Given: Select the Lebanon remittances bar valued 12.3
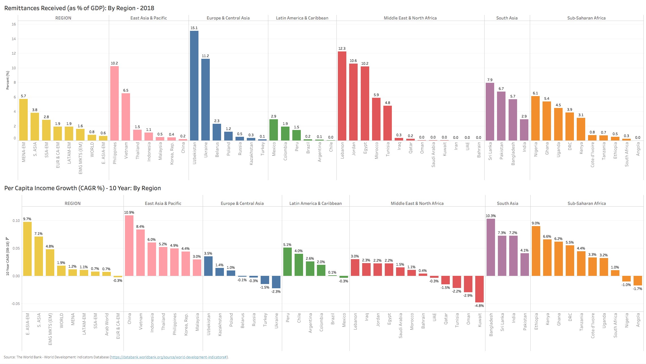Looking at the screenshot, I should tap(342, 96).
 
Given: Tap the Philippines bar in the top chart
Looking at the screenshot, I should tap(114, 103).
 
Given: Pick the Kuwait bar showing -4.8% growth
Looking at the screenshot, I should tap(479, 289).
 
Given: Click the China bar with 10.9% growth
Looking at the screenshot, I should tap(129, 246).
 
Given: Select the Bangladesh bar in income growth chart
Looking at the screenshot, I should tap(491, 247).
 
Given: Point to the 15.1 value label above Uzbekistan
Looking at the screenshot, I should tap(194, 28).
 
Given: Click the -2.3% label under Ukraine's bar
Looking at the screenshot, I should tap(276, 292).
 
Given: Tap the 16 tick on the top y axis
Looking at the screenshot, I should tap(14, 24).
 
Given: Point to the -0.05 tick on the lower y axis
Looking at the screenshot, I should tap(16, 304).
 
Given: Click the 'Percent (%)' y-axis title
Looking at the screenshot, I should tap(8, 80).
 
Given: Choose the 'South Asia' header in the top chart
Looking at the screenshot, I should tap(507, 18).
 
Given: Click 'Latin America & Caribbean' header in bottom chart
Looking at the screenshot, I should tap(316, 203).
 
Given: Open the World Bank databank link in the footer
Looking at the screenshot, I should tap(169, 357).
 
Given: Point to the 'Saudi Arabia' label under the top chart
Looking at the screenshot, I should tap(433, 155).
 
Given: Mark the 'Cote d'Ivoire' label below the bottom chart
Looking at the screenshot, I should tap(593, 326).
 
